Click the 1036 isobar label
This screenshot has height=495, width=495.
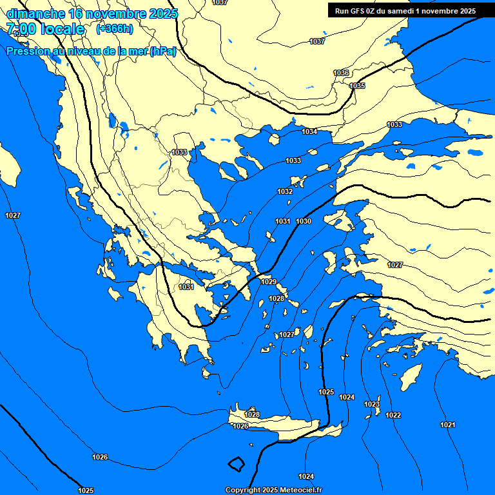click(x=341, y=73)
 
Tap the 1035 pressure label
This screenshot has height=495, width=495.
click(x=357, y=86)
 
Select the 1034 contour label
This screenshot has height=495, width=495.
click(x=309, y=131)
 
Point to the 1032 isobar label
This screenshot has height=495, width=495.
click(x=285, y=191)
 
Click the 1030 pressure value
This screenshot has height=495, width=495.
click(x=304, y=221)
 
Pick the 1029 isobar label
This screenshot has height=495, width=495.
click(x=269, y=282)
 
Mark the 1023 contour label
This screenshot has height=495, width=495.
click(x=372, y=404)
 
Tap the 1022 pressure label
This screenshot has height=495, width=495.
click(x=393, y=415)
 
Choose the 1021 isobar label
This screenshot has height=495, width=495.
click(x=447, y=425)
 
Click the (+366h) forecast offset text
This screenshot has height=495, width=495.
click(x=114, y=29)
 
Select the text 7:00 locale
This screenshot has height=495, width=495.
click(x=45, y=29)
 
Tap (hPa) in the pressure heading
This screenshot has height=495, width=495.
click(x=162, y=52)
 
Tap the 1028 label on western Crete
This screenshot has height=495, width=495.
click(x=252, y=414)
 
